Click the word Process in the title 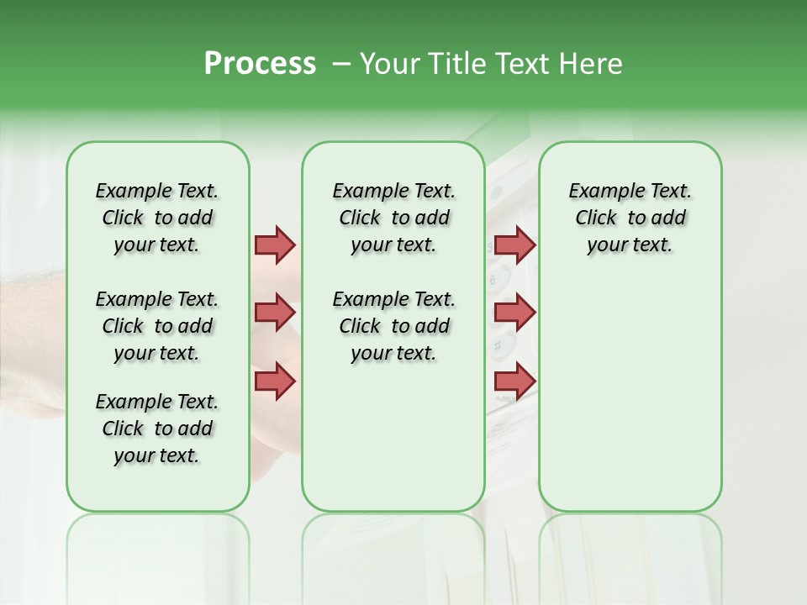[x=260, y=64]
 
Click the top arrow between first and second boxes [x=275, y=245]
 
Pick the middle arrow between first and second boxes [x=275, y=313]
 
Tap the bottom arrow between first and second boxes [x=275, y=381]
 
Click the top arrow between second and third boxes [x=514, y=245]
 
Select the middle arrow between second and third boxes [x=514, y=313]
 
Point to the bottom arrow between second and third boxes [x=514, y=381]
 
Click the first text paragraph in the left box [x=157, y=218]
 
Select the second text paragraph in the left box [x=157, y=326]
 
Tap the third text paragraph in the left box [x=157, y=429]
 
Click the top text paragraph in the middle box [x=393, y=218]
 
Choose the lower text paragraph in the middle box [x=393, y=326]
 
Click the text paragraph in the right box [x=630, y=218]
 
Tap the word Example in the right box [x=599, y=192]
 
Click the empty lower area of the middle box [x=393, y=437]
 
